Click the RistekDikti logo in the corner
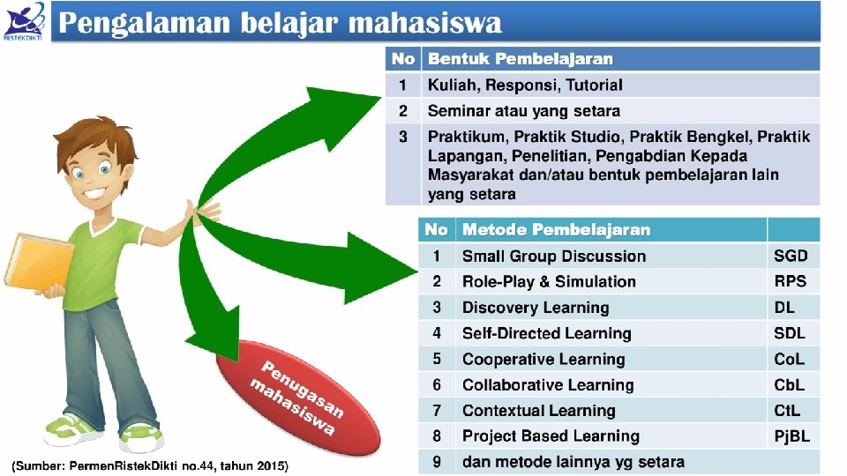coord(24,21)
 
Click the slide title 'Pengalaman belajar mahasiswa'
coord(280,23)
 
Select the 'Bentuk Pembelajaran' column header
coord(520,59)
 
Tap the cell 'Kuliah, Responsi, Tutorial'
coord(525,86)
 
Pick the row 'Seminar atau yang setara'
coord(524,111)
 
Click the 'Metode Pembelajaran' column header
coord(556,230)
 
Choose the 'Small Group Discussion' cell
coord(554,257)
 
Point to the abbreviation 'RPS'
coord(790,282)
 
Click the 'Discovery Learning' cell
coord(536,308)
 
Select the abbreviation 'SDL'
coord(790,333)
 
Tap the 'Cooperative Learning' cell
coord(543,359)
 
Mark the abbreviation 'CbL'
coord(790,384)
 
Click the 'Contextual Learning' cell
coord(538,411)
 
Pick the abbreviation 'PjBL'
coord(791,436)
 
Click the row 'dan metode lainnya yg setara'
coord(573,462)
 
